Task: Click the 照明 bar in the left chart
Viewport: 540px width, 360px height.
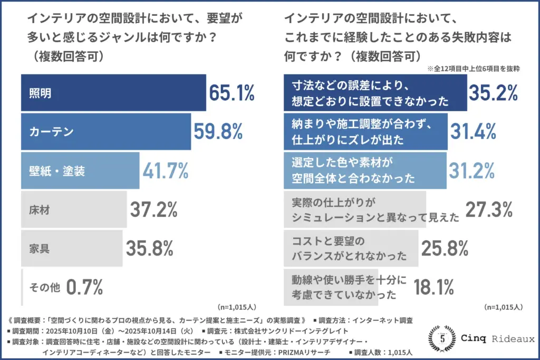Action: [x=113, y=93]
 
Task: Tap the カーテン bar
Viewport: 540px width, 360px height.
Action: [x=106, y=132]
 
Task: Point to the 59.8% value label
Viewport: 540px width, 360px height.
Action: [x=218, y=132]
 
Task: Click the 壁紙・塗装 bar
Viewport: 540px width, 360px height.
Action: [x=80, y=171]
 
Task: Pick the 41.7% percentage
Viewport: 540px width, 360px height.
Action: [x=166, y=171]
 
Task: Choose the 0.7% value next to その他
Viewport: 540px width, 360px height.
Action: [x=85, y=287]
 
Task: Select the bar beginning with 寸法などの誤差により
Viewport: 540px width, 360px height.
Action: [x=375, y=93]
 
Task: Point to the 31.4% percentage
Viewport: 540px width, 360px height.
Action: [x=474, y=132]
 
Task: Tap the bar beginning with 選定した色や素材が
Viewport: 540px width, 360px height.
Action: [x=365, y=171]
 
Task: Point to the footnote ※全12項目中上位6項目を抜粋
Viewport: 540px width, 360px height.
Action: [x=474, y=68]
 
